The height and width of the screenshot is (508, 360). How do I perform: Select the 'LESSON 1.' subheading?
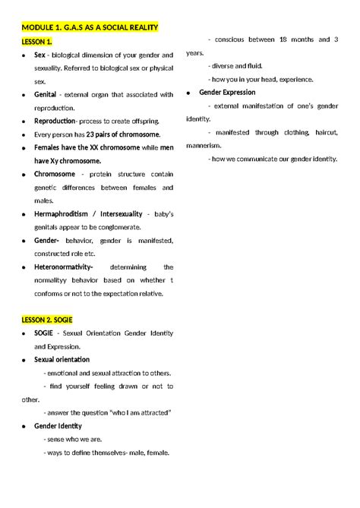(38, 41)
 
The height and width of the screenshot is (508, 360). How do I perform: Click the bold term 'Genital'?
(46, 94)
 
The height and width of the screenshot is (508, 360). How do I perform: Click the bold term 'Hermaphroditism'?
(63, 213)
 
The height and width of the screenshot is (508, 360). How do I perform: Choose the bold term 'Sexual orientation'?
(62, 359)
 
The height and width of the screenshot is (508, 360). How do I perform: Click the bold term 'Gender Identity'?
(58, 426)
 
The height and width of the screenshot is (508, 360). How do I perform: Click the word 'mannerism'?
(203, 145)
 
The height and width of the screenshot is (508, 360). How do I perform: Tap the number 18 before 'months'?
(283, 39)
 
